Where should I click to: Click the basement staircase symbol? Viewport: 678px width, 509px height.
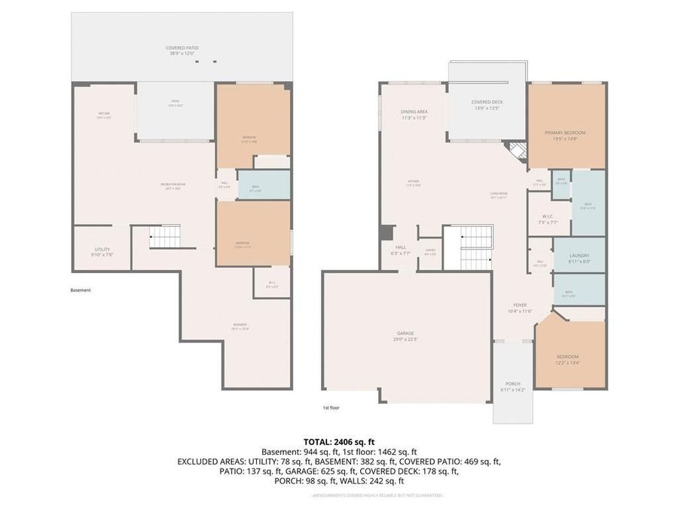pyautogui.click(x=165, y=236)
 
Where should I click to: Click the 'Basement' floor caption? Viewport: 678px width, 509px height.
pyautogui.click(x=81, y=290)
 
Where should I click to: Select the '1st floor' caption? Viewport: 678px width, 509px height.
pyautogui.click(x=331, y=407)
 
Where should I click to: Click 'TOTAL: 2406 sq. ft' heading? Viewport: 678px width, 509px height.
pyautogui.click(x=338, y=441)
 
